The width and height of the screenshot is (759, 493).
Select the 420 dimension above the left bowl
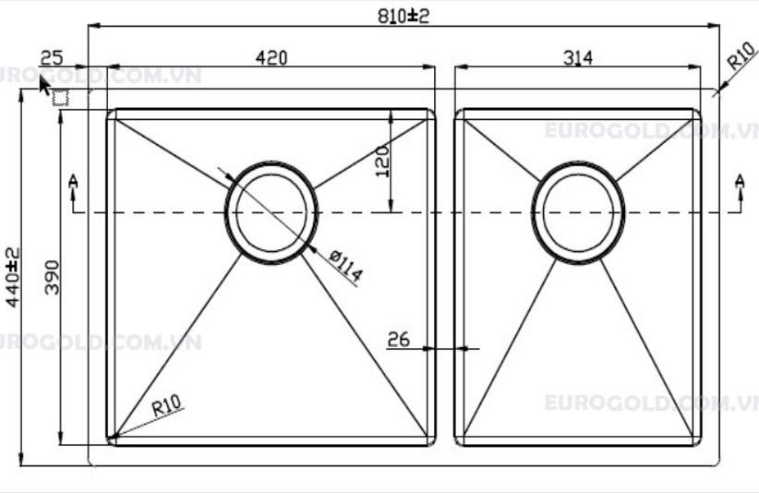(x=271, y=57)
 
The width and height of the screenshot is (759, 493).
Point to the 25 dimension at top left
(x=52, y=57)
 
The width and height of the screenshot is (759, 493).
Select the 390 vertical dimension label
(x=53, y=276)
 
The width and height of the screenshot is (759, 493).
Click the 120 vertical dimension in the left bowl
(x=382, y=161)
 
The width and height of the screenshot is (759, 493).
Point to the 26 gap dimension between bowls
(x=399, y=339)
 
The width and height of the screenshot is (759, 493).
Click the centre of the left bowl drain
(x=272, y=212)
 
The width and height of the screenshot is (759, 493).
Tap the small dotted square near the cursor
(x=62, y=98)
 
